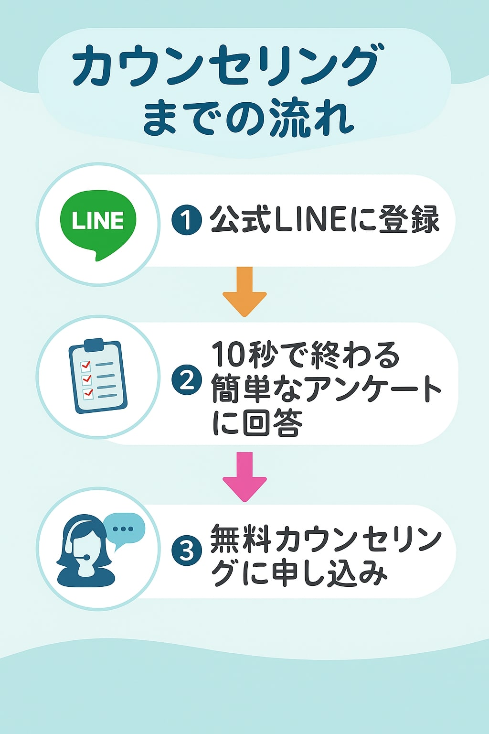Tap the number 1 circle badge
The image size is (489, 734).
[x=187, y=220]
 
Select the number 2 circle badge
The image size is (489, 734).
[x=187, y=380]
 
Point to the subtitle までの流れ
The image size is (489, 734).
[x=248, y=118]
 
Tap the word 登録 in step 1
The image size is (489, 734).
[x=409, y=220]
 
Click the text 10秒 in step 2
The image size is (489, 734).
[x=244, y=355]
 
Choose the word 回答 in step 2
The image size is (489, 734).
[x=272, y=422]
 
